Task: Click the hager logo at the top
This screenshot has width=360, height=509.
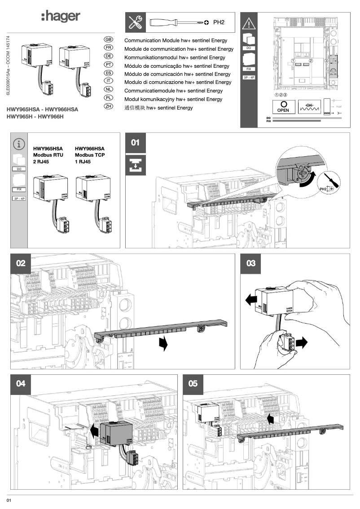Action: pyautogui.click(x=61, y=17)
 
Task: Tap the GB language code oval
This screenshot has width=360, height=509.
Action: pyautogui.click(x=108, y=39)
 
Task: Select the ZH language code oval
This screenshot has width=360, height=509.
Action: pyautogui.click(x=108, y=107)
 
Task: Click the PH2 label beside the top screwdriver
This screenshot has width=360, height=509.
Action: pyautogui.click(x=218, y=22)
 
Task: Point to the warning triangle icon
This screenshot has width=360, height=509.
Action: pyautogui.click(x=249, y=21)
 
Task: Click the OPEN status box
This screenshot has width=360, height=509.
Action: pyautogui.click(x=283, y=106)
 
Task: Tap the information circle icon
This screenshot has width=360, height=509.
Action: pyautogui.click(x=19, y=144)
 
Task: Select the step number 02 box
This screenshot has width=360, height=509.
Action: pyautogui.click(x=21, y=263)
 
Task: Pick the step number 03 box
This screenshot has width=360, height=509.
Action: pyautogui.click(x=251, y=263)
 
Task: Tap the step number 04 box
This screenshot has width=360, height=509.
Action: pyautogui.click(x=21, y=384)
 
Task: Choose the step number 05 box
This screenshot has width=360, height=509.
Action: pyautogui.click(x=193, y=384)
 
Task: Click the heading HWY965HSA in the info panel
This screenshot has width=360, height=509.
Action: pyautogui.click(x=48, y=148)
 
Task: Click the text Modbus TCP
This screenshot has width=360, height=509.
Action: pyautogui.click(x=90, y=154)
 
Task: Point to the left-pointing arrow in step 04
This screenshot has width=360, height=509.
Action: pyautogui.click(x=94, y=431)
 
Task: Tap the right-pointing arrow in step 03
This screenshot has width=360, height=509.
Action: pyautogui.click(x=303, y=342)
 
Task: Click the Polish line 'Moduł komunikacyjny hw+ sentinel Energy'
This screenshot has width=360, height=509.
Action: pyautogui.click(x=173, y=99)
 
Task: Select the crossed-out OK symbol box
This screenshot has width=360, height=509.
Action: pyautogui.click(x=312, y=107)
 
